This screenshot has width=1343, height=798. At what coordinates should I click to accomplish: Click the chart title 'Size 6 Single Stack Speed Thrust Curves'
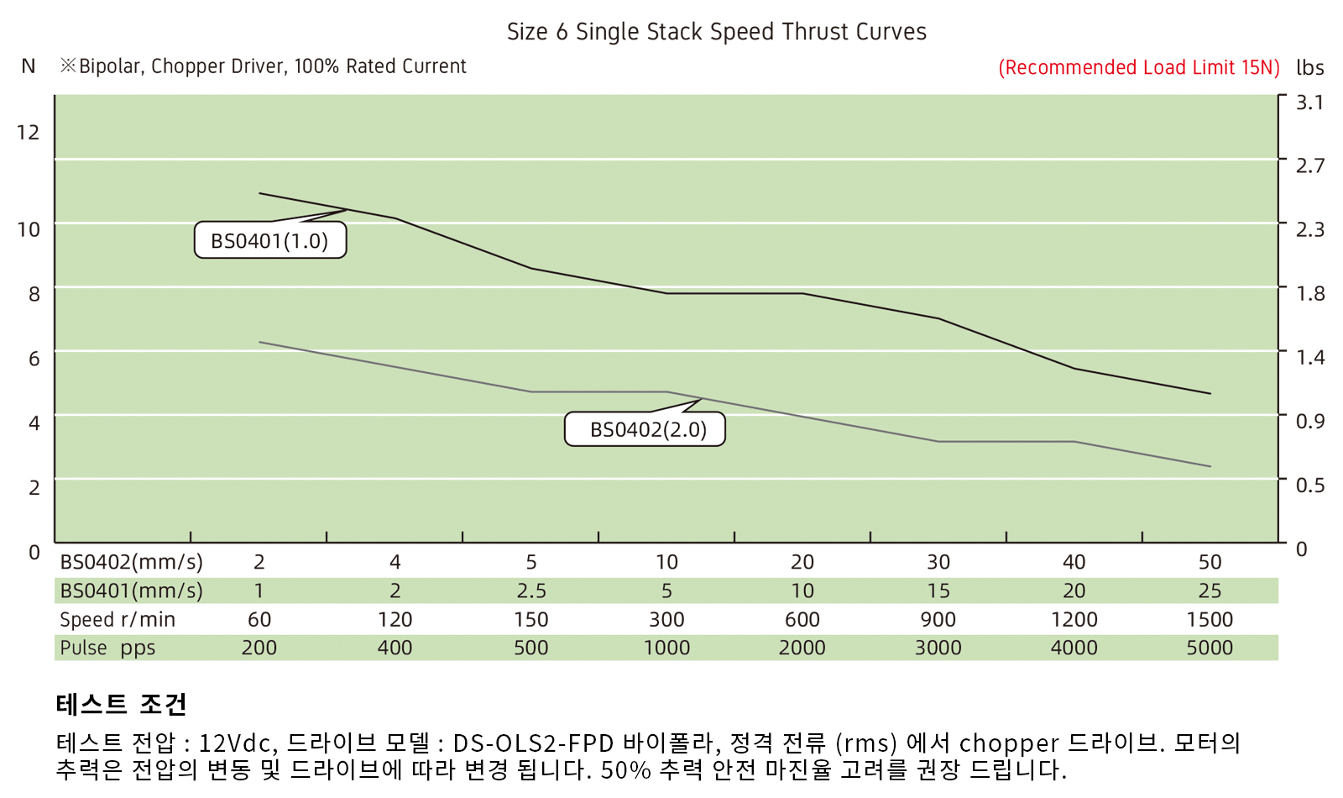click(716, 32)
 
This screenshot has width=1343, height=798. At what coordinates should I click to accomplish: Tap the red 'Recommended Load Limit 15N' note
click(1138, 67)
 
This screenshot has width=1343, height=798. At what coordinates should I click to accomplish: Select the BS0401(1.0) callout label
click(269, 241)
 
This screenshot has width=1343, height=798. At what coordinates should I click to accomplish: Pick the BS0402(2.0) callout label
click(648, 429)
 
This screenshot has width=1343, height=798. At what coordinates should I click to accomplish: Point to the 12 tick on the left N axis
click(29, 132)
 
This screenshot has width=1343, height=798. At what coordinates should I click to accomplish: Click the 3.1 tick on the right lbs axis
click(1309, 102)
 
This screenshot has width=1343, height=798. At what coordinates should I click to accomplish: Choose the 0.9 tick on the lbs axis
click(1309, 421)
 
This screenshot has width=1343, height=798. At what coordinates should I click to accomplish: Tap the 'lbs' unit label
click(1309, 67)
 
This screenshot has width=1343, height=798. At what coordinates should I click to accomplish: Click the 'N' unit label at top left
click(29, 66)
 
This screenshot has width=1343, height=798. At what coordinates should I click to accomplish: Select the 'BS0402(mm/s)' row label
click(131, 562)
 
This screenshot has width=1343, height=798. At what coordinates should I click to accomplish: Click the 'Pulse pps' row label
click(107, 648)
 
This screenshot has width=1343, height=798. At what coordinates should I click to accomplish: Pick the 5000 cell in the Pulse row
click(1210, 648)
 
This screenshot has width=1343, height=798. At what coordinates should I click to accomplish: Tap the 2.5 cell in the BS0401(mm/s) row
click(531, 591)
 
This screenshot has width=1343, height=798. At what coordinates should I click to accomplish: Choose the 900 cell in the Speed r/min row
click(938, 619)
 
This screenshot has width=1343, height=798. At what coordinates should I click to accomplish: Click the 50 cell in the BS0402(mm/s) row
click(1210, 562)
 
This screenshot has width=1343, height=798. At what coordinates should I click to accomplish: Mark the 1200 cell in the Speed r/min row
click(1074, 619)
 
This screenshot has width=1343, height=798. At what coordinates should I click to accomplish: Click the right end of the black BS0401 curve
click(1210, 393)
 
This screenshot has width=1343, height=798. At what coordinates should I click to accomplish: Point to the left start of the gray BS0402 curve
click(260, 342)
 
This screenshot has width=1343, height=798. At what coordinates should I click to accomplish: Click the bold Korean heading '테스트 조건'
click(122, 704)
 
